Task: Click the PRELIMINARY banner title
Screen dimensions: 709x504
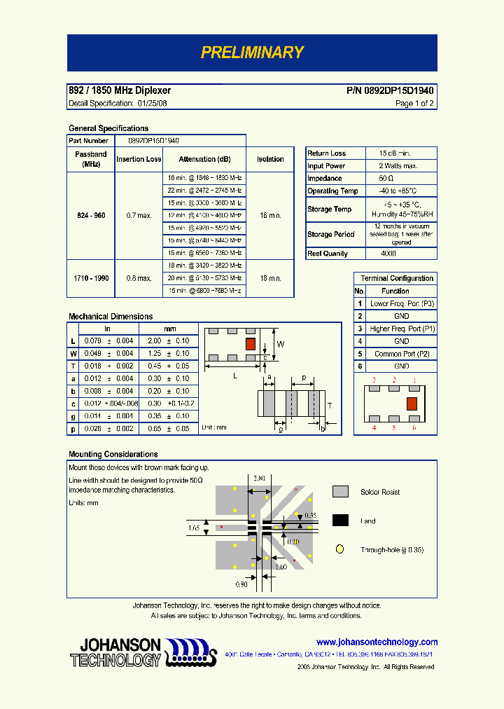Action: coord(252,53)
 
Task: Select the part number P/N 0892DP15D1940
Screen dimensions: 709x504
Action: coord(390,90)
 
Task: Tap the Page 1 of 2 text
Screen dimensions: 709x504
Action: coord(414,103)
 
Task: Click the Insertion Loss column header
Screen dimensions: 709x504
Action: coord(139,159)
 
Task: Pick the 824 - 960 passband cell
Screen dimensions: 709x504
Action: coord(91,215)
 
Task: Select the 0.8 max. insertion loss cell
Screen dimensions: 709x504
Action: coord(139,278)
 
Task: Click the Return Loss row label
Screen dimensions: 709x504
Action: coord(327,153)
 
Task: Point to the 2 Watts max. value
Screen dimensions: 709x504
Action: coord(398,165)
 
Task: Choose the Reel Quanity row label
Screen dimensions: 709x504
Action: coord(327,253)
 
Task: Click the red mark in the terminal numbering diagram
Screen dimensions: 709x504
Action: coord(412,403)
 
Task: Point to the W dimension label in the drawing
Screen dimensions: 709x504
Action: coord(281,344)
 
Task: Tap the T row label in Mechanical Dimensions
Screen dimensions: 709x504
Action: coord(73,366)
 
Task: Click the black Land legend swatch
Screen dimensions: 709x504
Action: coord(340,521)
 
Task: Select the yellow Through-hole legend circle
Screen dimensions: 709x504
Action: coord(340,550)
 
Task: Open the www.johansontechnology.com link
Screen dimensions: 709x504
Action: coord(377,642)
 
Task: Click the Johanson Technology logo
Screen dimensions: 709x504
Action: coord(140,652)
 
